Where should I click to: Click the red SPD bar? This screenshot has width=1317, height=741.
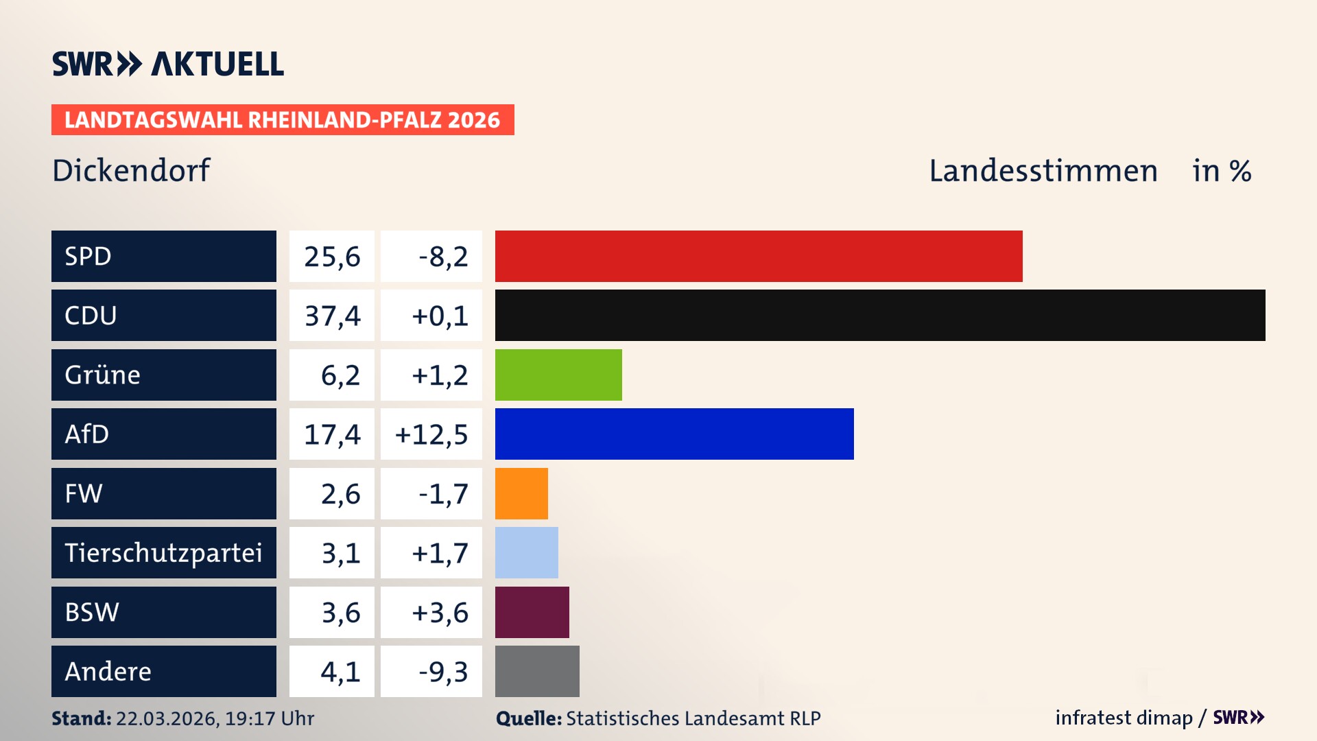[x=758, y=256]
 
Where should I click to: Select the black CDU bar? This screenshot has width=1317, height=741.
[x=879, y=316]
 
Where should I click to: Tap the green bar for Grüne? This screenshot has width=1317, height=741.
[x=558, y=375]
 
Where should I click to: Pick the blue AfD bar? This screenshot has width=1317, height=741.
[x=674, y=434]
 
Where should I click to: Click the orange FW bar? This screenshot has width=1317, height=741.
[x=521, y=493]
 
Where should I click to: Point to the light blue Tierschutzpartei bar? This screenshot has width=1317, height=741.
[x=526, y=552]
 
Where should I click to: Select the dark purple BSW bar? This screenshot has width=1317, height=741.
[x=532, y=612]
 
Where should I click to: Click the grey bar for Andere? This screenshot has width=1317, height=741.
[x=537, y=671]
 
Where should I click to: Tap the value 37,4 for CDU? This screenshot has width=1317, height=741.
[x=332, y=316]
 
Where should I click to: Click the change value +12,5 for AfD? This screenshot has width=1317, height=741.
[x=431, y=434]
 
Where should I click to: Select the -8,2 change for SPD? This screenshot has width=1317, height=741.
[x=443, y=257]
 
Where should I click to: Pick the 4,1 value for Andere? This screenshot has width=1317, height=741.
[x=340, y=672]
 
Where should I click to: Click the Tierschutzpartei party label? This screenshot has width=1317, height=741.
[x=163, y=552]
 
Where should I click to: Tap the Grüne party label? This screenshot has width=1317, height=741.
[x=103, y=375]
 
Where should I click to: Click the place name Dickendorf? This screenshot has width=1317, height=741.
[x=131, y=170]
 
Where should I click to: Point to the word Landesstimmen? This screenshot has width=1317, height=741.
[x=1043, y=171]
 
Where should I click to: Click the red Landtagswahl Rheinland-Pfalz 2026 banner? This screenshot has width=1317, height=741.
[x=283, y=119]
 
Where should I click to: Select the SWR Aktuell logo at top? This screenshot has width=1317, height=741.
[x=168, y=64]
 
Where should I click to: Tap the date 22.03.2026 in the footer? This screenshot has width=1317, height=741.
[x=167, y=718]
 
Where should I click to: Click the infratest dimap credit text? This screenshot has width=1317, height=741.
[x=1123, y=718]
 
